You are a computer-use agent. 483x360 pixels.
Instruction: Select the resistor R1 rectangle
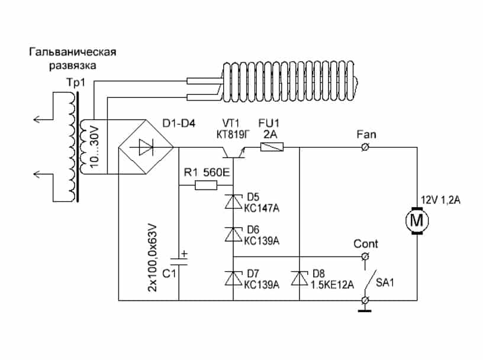206,186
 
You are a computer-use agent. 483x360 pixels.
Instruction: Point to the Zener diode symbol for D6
233,234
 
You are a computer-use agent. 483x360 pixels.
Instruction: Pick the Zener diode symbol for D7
233,278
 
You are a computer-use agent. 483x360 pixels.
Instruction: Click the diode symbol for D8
300,278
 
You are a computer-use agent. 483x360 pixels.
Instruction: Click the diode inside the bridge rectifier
146,146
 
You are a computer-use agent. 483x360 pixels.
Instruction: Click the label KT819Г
232,134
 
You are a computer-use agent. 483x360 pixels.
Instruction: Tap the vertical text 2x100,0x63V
151,256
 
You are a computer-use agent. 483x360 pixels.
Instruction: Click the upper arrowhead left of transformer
37,119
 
